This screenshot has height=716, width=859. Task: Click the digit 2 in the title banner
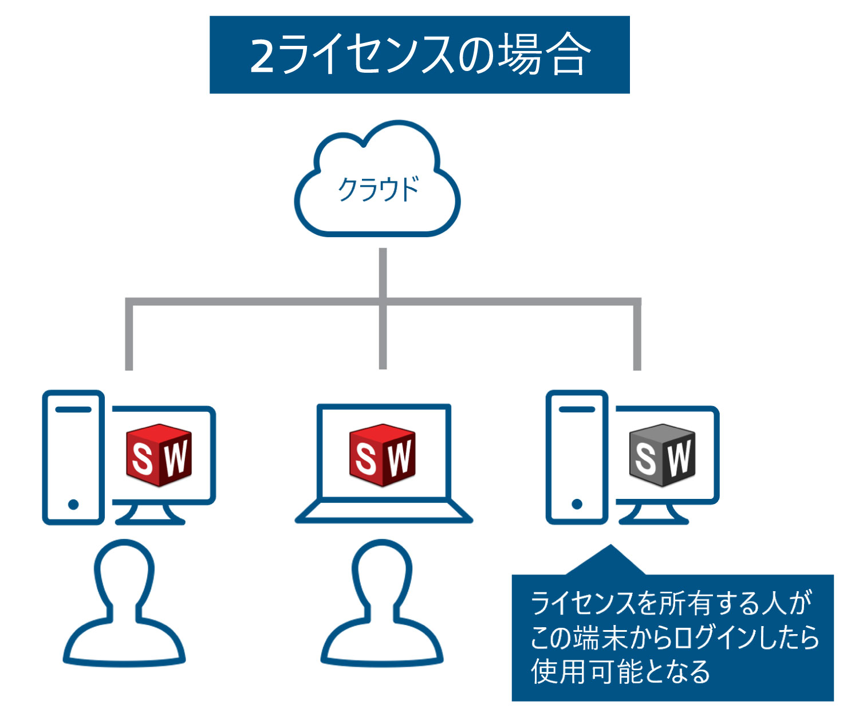[x=262, y=56]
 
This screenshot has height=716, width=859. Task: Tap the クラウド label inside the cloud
[x=379, y=188]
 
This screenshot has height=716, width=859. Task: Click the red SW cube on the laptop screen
[x=383, y=455]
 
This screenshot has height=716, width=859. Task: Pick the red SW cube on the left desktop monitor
[x=159, y=455]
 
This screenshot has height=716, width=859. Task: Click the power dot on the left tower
[x=73, y=504]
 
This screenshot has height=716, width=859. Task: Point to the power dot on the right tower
[x=577, y=504]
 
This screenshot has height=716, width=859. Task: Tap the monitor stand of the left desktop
[x=150, y=514]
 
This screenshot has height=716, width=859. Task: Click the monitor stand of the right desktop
[x=653, y=514]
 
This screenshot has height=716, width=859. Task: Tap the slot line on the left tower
[x=73, y=410]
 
